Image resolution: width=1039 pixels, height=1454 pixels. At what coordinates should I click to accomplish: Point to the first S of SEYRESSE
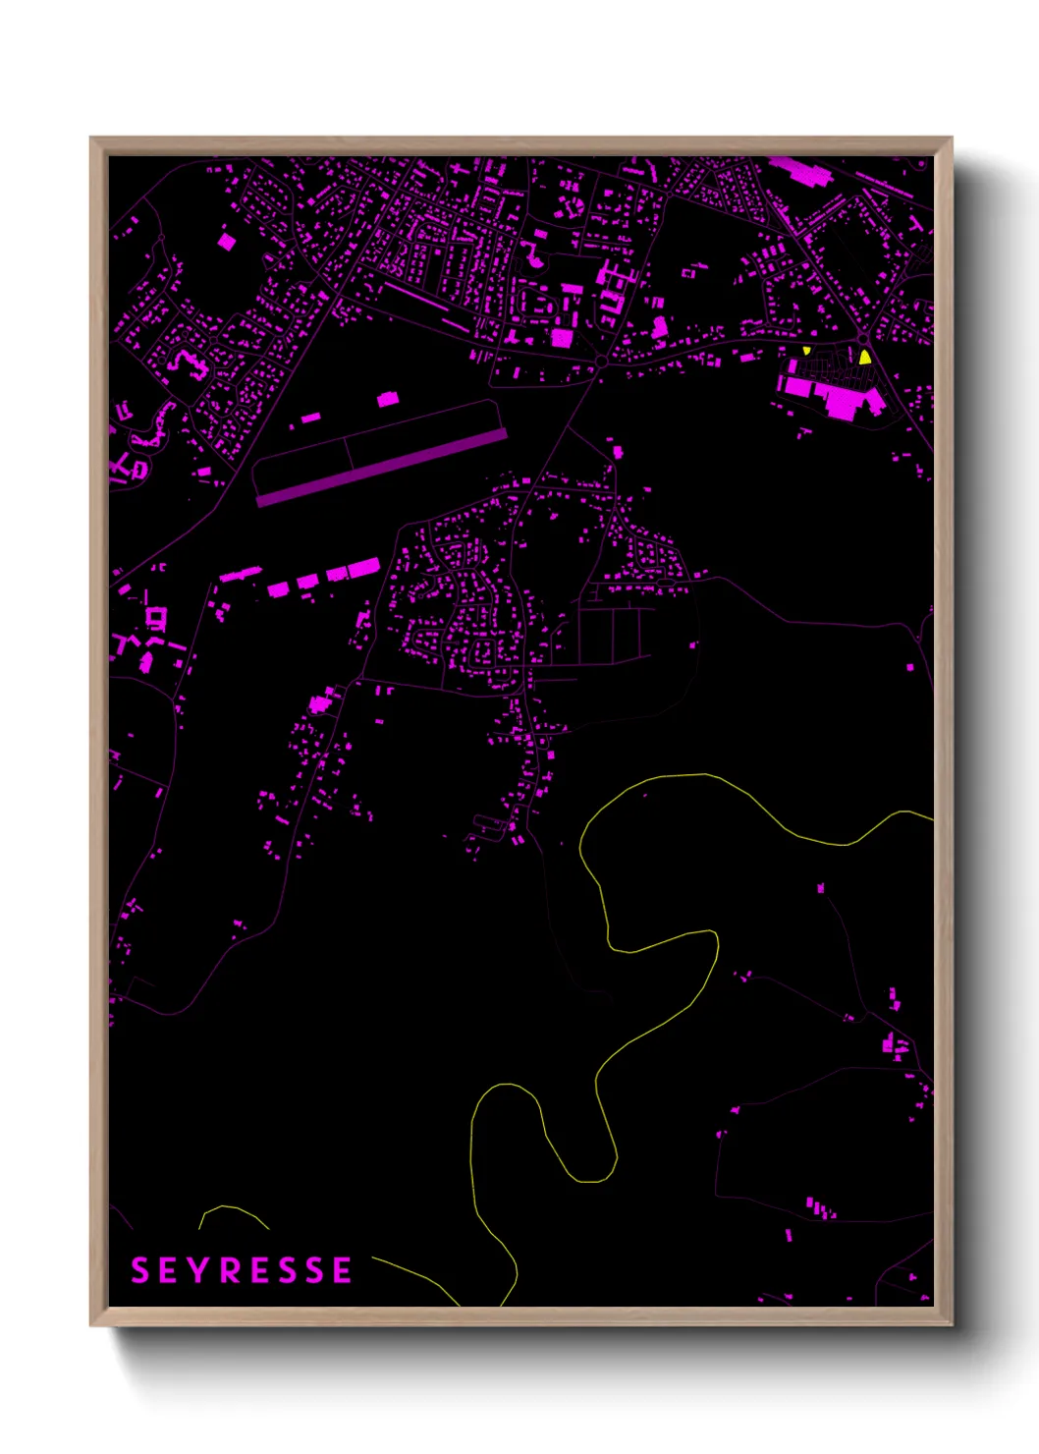(x=140, y=1270)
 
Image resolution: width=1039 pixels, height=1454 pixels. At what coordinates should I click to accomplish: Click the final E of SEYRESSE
(x=342, y=1270)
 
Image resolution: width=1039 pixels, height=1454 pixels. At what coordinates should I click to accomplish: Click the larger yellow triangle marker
(x=865, y=358)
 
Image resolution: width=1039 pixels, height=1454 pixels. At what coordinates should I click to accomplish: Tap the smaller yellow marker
(x=806, y=350)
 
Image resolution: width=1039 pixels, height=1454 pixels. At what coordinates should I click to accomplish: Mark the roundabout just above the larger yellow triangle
(x=863, y=340)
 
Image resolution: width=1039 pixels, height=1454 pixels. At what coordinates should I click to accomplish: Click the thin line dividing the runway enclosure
(x=349, y=453)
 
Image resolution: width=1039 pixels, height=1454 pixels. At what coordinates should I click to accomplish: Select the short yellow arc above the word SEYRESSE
(x=233, y=1213)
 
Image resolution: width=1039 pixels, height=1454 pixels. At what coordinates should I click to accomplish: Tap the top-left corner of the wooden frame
(x=92, y=140)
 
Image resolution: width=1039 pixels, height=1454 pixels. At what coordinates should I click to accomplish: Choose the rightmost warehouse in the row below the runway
(x=363, y=568)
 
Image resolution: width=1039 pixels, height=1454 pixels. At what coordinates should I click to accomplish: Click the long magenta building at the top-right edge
(x=800, y=170)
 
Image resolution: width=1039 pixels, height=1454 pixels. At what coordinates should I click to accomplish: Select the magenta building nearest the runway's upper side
(x=388, y=399)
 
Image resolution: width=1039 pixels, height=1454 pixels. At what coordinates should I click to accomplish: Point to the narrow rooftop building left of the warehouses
(x=240, y=574)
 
